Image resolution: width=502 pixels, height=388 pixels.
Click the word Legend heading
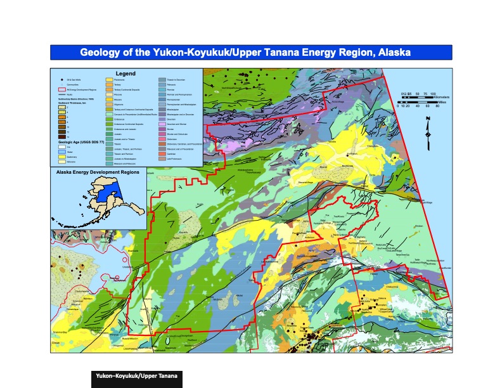tap(125, 73)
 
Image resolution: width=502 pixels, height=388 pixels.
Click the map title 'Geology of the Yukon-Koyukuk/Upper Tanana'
tap(250, 52)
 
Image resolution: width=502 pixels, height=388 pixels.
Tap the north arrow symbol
tap(428, 127)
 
